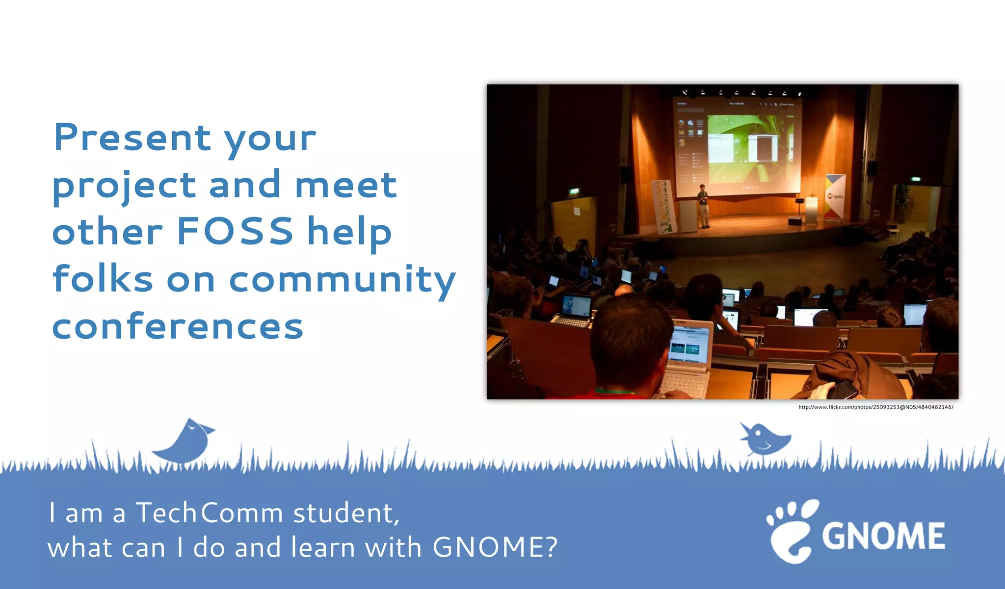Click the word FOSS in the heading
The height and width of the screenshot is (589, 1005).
(x=235, y=231)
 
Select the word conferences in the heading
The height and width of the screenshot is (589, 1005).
(x=178, y=327)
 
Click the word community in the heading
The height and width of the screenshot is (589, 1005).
(x=342, y=280)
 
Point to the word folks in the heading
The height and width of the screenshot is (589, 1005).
(x=103, y=279)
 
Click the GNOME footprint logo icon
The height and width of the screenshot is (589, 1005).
(x=792, y=531)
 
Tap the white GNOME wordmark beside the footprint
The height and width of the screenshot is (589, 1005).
(x=883, y=536)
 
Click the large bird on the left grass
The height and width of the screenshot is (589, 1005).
(x=185, y=442)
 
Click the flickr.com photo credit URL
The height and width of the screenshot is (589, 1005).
(x=875, y=407)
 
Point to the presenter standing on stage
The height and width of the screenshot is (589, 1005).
(x=703, y=205)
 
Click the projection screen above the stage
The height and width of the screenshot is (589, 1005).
(x=736, y=147)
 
